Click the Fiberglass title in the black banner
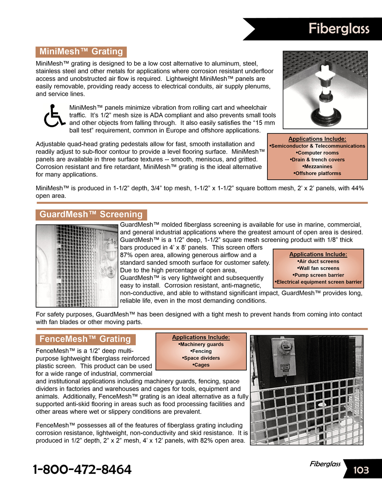pos(339,29)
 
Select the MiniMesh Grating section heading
pos(81,52)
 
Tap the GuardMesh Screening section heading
pos(91,214)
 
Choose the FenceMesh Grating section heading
pos(85,339)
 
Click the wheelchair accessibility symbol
pos(54,116)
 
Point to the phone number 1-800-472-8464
pos(82,469)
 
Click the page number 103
pos(361,470)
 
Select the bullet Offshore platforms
pos(317,173)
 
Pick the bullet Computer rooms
pos(317,153)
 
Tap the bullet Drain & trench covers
pos(317,160)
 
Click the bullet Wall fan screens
pos(318,268)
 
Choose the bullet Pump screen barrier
pos(318,275)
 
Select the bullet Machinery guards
pos(201,344)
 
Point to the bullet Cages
pos(201,365)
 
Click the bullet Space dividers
pos(201,358)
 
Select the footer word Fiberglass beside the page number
pos(325,464)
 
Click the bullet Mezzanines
pos(317,167)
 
